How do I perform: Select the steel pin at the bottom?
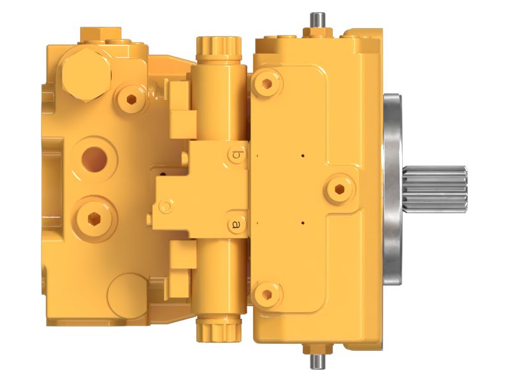(317, 360)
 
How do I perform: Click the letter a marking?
(237, 224)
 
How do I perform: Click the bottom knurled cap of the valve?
(219, 330)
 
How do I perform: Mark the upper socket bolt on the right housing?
(266, 83)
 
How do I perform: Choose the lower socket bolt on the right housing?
(266, 294)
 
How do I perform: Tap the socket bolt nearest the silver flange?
(339, 187)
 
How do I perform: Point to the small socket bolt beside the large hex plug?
(132, 98)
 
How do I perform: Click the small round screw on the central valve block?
(166, 206)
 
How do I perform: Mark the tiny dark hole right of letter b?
(303, 155)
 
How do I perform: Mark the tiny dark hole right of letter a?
(303, 223)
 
